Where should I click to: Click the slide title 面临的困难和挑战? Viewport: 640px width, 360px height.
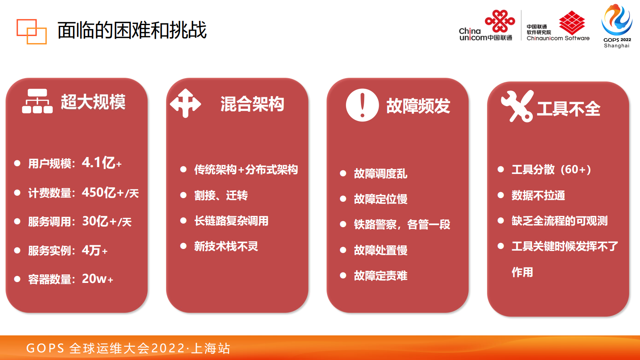[x=132, y=30]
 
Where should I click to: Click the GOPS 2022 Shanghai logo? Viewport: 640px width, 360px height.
[x=617, y=25]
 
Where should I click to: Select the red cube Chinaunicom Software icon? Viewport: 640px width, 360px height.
[x=571, y=23]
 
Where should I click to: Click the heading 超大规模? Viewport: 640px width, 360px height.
[x=93, y=102]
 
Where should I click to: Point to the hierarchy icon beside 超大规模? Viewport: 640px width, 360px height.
[x=37, y=101]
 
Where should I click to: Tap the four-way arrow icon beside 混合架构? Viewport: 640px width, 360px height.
[x=186, y=103]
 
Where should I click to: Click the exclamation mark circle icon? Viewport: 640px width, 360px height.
[x=362, y=105]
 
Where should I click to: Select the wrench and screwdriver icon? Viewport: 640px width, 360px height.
[x=517, y=106]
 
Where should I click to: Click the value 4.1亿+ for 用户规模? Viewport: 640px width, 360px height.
[x=102, y=163]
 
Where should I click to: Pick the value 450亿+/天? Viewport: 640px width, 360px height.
[x=110, y=193]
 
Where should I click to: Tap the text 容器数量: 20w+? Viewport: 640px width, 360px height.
[x=71, y=279]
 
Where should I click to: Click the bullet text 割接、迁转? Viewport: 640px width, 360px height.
[x=221, y=195]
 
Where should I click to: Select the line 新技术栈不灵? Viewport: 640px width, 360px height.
[x=226, y=246]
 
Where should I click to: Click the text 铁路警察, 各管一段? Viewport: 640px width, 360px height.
[x=402, y=224]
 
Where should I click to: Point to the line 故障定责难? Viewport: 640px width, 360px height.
[x=380, y=276]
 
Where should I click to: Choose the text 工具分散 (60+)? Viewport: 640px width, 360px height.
[x=551, y=170]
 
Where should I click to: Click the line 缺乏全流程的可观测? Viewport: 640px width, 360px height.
[x=559, y=221]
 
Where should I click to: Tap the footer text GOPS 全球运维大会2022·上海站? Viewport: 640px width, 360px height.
[x=128, y=348]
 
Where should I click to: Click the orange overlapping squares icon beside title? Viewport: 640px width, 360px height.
[x=31, y=31]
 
